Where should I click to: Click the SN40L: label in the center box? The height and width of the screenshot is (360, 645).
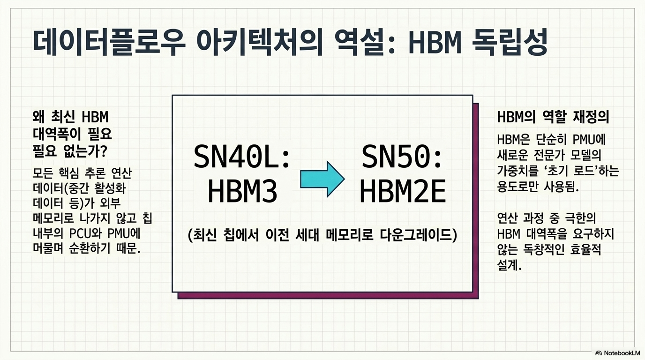(x=242, y=157)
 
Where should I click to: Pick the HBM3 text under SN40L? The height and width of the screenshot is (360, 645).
(x=242, y=191)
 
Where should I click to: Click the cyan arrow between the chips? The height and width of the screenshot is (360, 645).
(x=322, y=179)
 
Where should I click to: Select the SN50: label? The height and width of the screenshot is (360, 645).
(x=402, y=157)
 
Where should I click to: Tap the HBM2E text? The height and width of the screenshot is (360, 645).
(x=403, y=191)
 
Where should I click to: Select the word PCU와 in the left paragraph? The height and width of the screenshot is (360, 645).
(x=85, y=233)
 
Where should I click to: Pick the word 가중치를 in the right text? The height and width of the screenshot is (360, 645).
(x=517, y=172)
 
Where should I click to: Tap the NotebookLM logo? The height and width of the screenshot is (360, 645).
(x=617, y=353)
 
